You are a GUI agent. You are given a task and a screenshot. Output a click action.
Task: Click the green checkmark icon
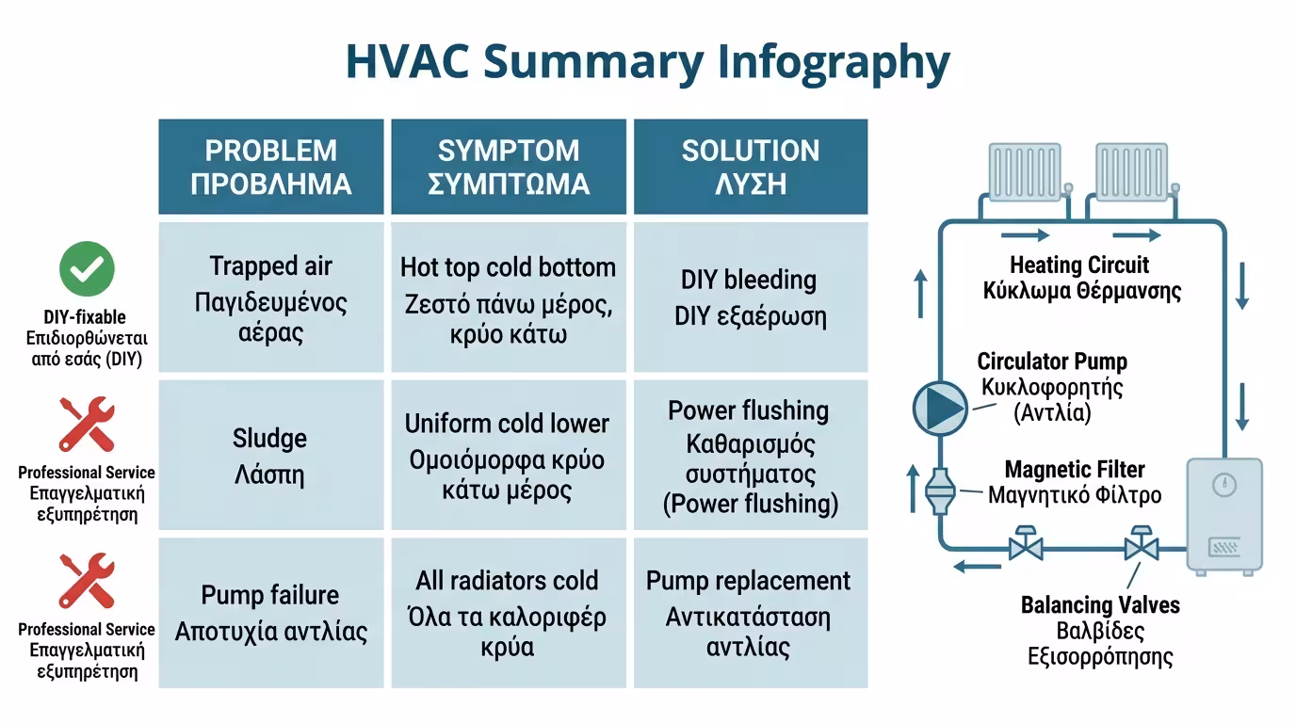tap(87, 269)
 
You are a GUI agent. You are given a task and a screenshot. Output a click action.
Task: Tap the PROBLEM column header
tap(270, 167)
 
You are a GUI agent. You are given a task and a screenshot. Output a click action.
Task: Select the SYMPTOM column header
tap(509, 167)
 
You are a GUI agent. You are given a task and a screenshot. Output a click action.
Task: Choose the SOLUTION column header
tap(751, 167)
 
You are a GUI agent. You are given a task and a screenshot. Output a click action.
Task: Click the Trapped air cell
tap(270, 297)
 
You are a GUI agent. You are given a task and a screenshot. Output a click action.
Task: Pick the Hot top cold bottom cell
tap(509, 297)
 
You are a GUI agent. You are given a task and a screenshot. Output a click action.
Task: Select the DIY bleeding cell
tap(751, 297)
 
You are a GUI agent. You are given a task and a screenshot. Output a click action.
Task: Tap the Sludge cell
tap(270, 455)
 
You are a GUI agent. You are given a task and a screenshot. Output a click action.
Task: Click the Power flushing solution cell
tap(751, 455)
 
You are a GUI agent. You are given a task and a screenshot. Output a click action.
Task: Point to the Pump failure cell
tap(270, 613)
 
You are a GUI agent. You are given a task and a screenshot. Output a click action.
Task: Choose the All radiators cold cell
tap(509, 613)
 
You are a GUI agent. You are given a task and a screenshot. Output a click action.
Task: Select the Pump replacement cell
tap(751, 613)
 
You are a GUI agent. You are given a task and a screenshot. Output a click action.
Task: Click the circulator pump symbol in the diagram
tap(940, 408)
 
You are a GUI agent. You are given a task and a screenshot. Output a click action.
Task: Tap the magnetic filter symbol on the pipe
tap(940, 491)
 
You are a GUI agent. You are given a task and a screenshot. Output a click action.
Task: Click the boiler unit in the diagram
tap(1224, 517)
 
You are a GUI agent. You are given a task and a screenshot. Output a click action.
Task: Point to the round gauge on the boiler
tap(1224, 485)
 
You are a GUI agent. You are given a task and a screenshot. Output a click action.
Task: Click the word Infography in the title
tap(834, 62)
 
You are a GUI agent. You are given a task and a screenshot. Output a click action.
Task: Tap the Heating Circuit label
tap(1081, 278)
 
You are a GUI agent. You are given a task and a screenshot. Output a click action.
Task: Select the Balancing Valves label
tap(1100, 631)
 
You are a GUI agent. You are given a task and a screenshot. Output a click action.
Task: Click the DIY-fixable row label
tap(87, 338)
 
